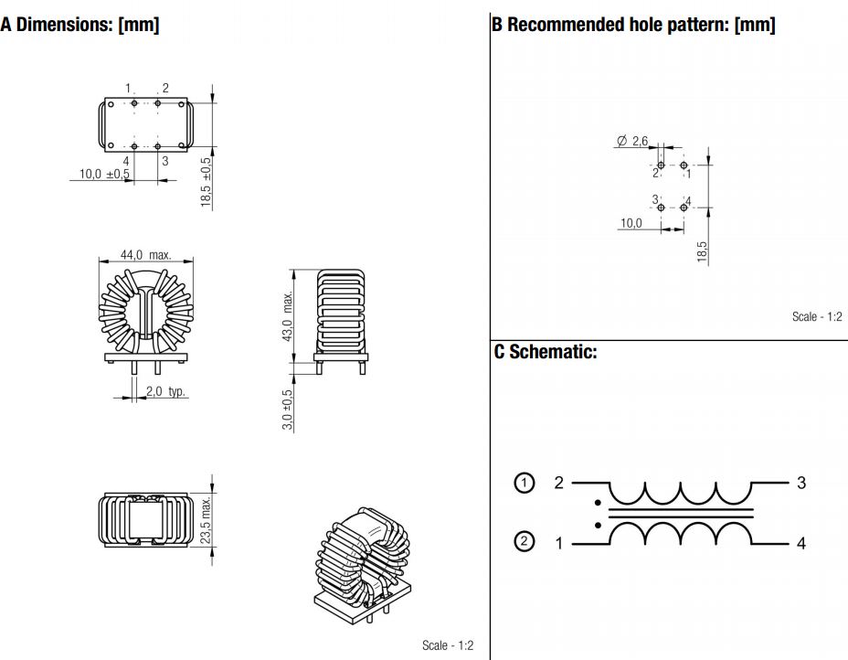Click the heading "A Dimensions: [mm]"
point(80,26)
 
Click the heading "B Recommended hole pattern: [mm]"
point(633,26)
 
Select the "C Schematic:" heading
point(546,352)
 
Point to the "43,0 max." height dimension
point(287,316)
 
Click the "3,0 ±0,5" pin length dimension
point(287,410)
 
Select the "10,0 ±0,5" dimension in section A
point(104,174)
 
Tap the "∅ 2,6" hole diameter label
point(632,141)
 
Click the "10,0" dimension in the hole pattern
point(631,223)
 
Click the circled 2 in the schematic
point(524,542)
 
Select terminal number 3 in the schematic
point(801,483)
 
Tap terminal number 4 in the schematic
point(801,543)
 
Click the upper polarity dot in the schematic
point(598,502)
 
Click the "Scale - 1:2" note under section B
point(816,317)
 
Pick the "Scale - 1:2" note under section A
point(448,645)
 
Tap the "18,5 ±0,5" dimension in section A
point(206,181)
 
